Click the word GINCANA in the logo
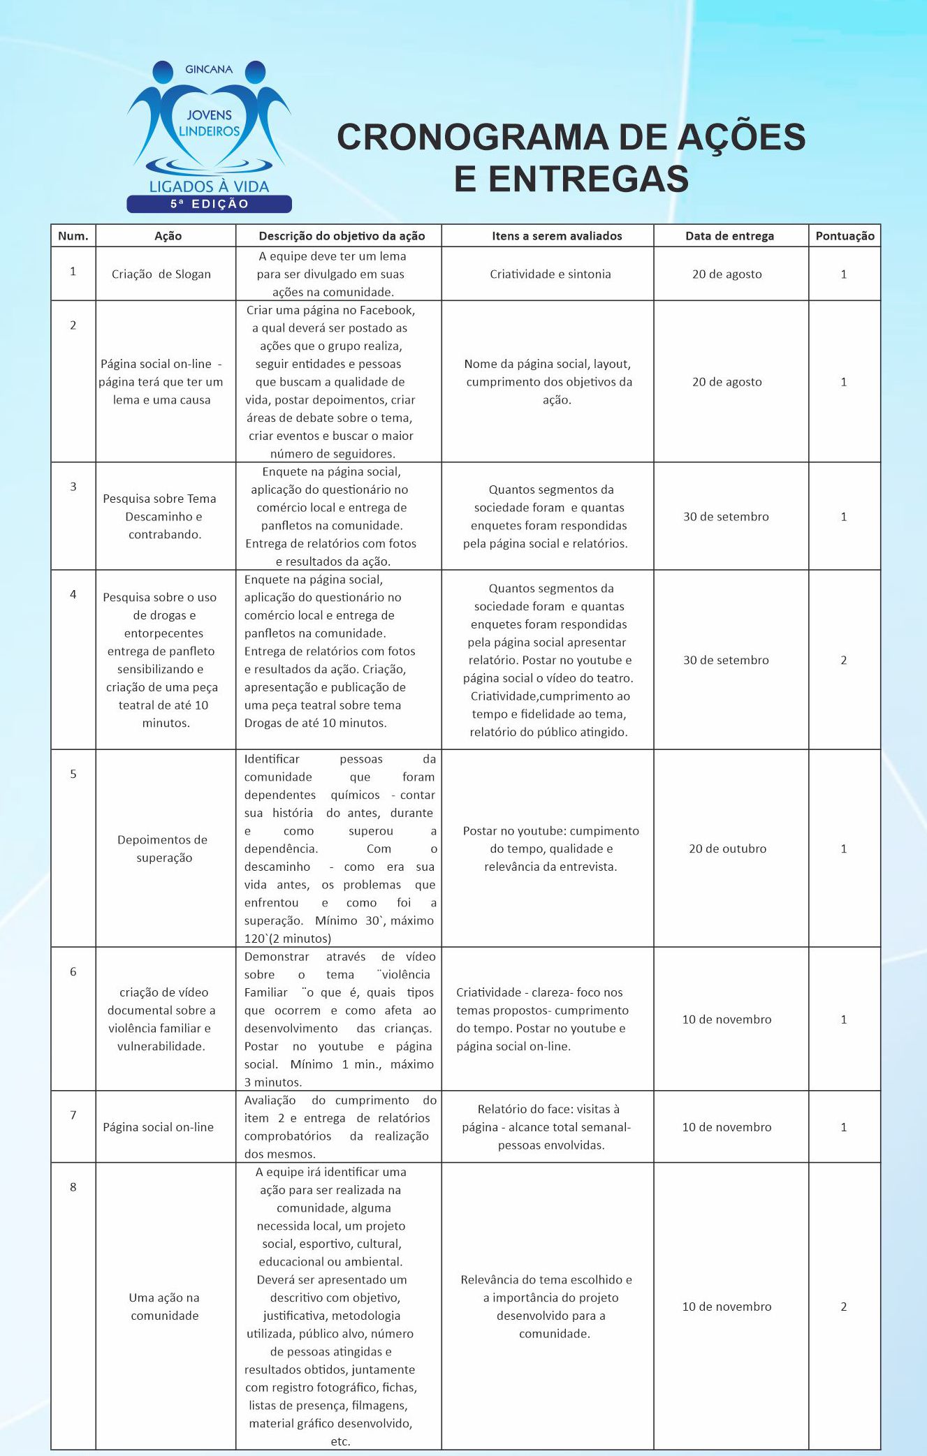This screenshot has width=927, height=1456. pos(208,70)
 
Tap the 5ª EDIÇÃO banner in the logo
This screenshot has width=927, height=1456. pos(209,204)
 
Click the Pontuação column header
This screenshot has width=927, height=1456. pos(845,236)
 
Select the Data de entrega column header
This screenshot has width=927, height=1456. pos(729,236)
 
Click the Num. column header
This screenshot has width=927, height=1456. pos(73,236)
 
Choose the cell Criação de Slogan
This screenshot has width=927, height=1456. pos(161,274)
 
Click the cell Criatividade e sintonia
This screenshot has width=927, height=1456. pos(550,274)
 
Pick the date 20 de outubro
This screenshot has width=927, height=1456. pos(727,848)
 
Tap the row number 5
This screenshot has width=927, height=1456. pos(73,774)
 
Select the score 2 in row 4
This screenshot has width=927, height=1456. pos(844,660)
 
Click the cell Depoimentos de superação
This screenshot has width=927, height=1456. pos(163,848)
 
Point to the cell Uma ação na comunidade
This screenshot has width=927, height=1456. pos(164,1307)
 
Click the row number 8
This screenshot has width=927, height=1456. pos(73,1186)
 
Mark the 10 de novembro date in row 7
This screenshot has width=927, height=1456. pos(727,1127)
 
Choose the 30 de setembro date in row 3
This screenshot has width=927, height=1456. pos(726,517)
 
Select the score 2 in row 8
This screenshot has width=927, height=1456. pos(844,1307)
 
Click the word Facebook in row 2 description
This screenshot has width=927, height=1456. pos(386,310)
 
